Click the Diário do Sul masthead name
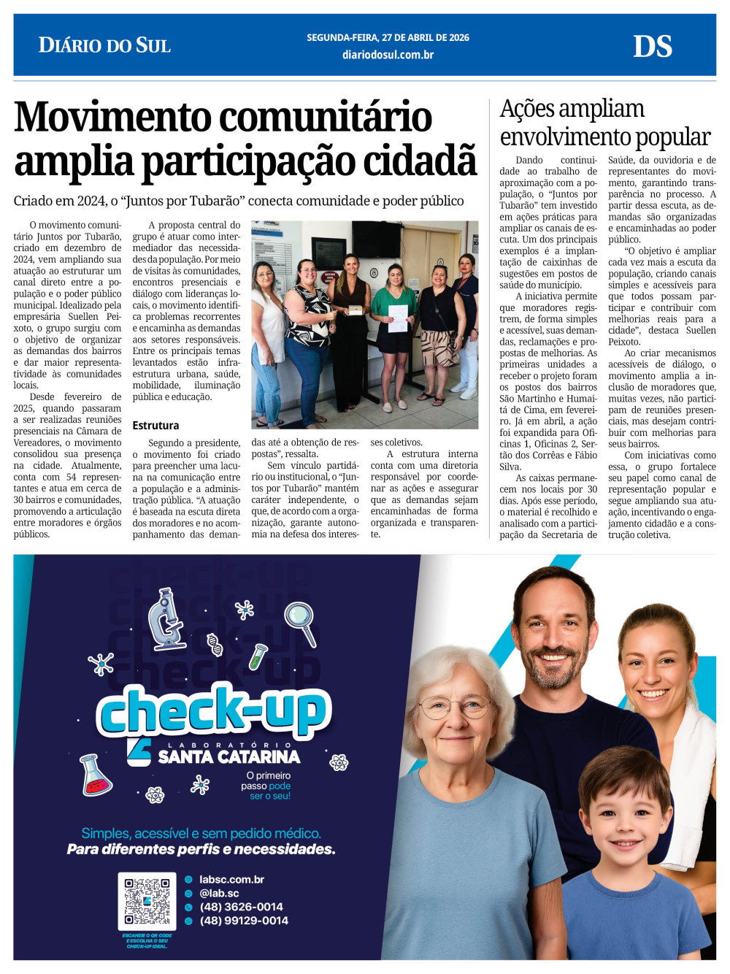(x=104, y=45)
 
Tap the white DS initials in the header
(x=652, y=47)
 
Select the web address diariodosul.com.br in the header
(x=388, y=55)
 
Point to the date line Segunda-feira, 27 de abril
(x=388, y=37)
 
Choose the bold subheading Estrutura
(x=155, y=426)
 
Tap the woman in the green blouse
(x=394, y=314)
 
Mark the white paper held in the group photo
(x=398, y=318)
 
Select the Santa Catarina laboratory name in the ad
(x=228, y=756)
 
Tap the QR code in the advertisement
(x=147, y=901)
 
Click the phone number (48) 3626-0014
(x=241, y=907)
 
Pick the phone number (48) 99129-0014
(x=244, y=921)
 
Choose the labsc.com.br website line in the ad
(x=231, y=880)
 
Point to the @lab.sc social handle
(x=219, y=893)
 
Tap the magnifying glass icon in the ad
(x=301, y=621)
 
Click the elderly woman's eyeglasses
(x=454, y=705)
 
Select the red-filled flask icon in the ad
(x=96, y=775)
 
